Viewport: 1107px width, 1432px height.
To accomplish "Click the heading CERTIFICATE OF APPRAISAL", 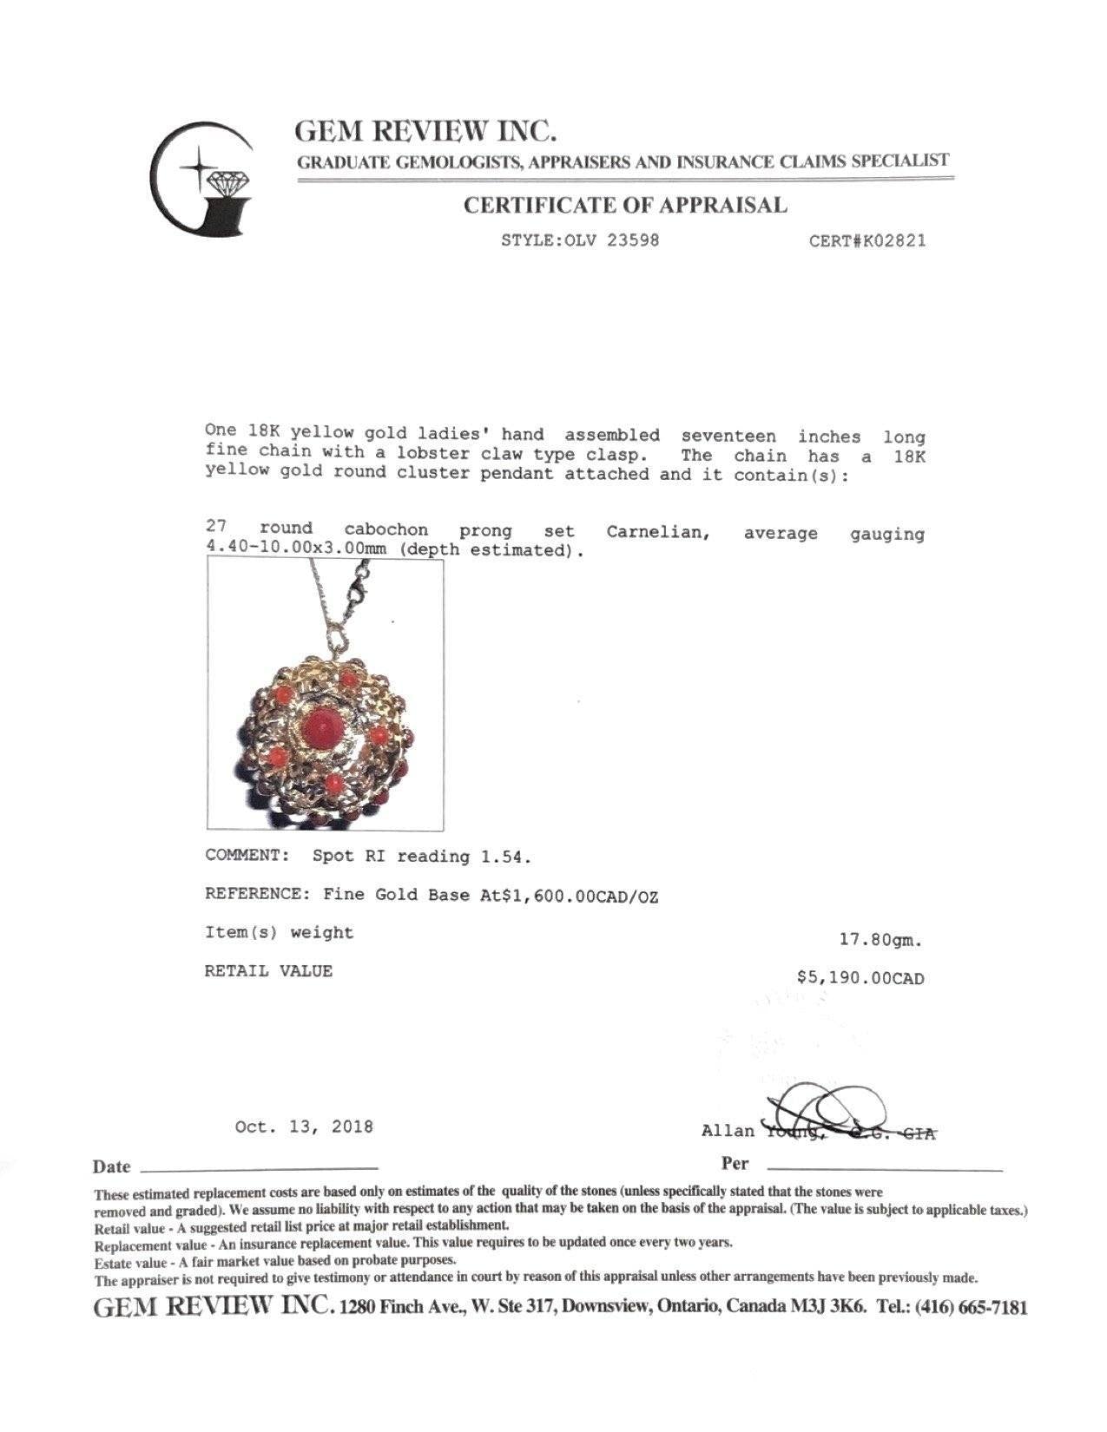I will (624, 206).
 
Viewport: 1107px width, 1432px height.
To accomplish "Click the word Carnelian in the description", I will (658, 532).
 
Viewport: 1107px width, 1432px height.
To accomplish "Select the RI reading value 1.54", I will (502, 857).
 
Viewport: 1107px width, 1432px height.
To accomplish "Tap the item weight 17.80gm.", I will (881, 939).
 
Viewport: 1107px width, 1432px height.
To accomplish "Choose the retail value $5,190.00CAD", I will (860, 978).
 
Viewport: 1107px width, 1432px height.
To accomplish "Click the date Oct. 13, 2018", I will (304, 1127).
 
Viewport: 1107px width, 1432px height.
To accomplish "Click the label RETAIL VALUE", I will (268, 971).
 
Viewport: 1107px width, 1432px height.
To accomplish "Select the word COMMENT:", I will (247, 855).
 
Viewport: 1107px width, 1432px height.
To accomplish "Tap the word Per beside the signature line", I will (735, 1163).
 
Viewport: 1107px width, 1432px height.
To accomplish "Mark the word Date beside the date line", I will (112, 1166).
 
